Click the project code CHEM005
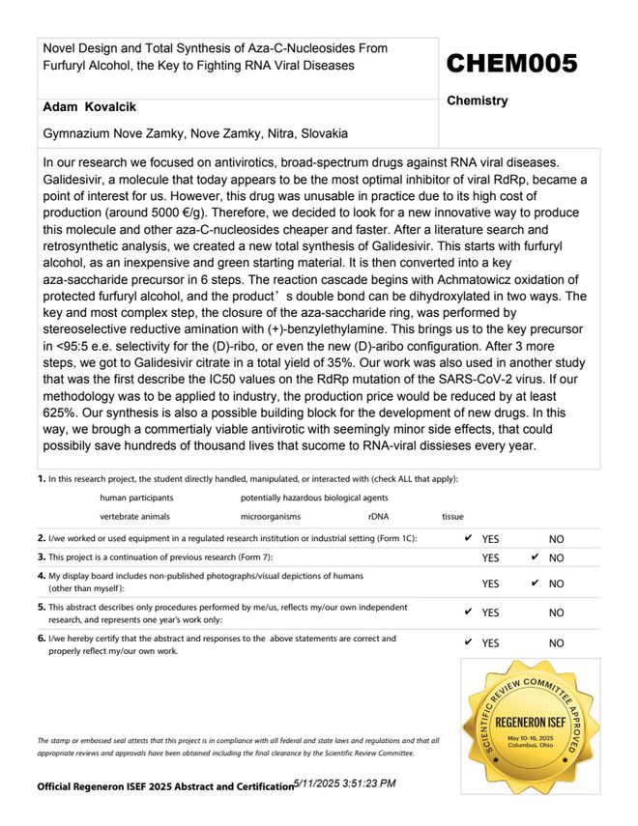(x=511, y=64)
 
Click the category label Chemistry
(x=478, y=100)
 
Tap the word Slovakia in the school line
(x=324, y=132)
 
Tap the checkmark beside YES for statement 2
(x=469, y=538)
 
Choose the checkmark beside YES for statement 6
(x=469, y=642)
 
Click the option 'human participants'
(x=137, y=498)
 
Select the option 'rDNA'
(x=379, y=517)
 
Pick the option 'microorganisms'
(x=271, y=517)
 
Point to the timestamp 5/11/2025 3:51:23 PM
(x=344, y=783)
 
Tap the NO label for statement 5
(x=556, y=612)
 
